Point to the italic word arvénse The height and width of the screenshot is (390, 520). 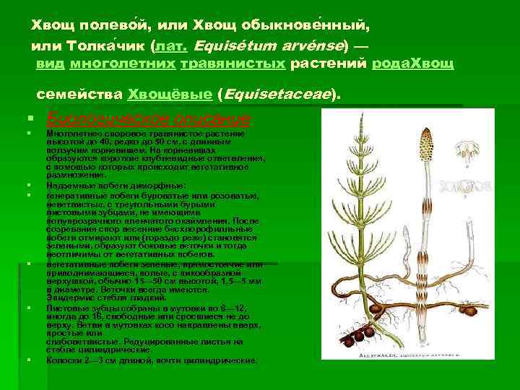click(x=313, y=45)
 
